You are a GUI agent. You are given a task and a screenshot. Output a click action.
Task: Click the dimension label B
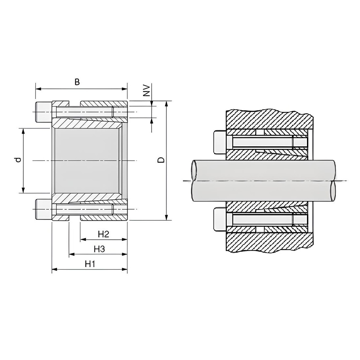(77, 82)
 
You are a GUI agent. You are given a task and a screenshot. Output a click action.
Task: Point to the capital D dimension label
(162, 160)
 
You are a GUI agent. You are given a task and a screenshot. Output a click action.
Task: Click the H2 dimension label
(103, 234)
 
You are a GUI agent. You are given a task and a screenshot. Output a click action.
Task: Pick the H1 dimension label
(90, 264)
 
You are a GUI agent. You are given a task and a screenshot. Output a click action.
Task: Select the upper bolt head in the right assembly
(220, 142)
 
